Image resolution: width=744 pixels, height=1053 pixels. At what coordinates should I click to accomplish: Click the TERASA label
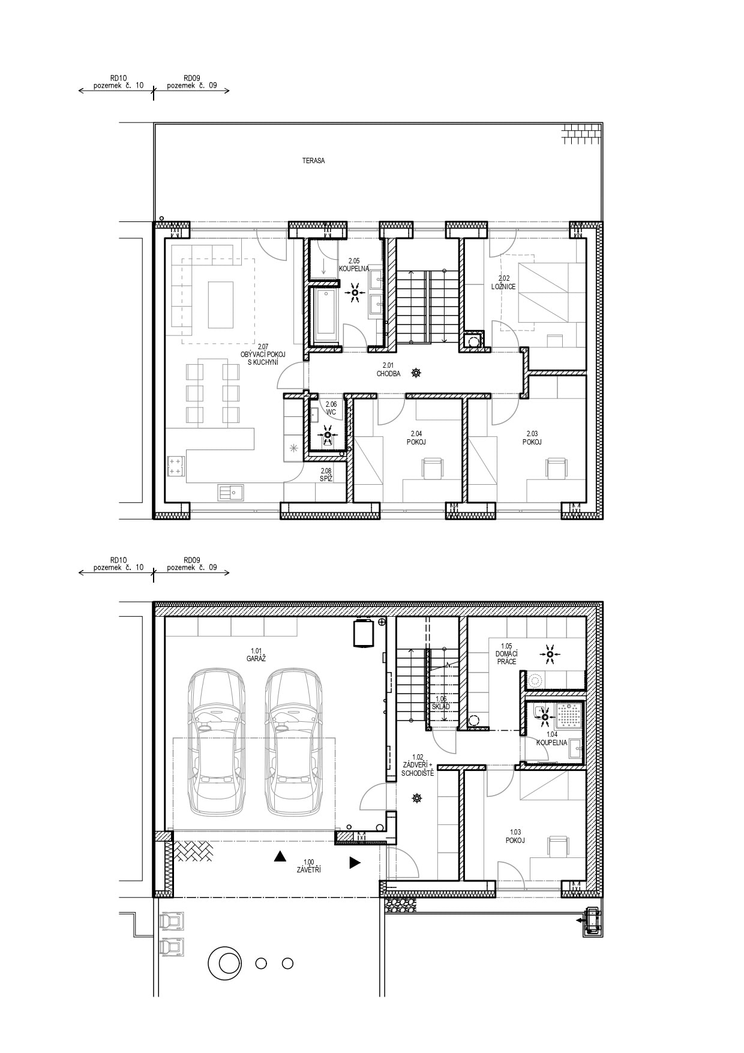(314, 161)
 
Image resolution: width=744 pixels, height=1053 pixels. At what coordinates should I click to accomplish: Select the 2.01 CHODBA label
(388, 370)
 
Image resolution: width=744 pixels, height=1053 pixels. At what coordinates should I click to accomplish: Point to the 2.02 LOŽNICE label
(504, 283)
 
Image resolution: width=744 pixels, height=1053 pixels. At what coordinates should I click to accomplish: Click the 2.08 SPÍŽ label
(326, 475)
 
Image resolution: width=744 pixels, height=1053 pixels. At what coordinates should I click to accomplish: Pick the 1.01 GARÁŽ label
(256, 655)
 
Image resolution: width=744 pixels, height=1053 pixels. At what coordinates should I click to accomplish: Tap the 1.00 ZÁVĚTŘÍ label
(308, 866)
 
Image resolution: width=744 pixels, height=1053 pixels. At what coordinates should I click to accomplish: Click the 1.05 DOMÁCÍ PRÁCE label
(506, 654)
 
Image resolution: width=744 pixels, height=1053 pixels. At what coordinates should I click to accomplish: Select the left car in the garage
(217, 742)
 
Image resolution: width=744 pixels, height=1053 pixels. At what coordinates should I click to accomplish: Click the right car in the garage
(293, 742)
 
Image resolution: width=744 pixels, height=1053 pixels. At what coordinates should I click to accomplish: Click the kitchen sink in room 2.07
(230, 492)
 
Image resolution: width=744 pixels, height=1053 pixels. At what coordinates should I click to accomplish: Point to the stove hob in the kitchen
(176, 466)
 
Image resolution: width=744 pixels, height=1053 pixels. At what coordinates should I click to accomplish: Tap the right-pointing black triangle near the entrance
(355, 863)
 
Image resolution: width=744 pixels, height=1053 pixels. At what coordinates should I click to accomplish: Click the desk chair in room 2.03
(556, 469)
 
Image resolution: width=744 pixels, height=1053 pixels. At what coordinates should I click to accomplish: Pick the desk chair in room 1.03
(559, 845)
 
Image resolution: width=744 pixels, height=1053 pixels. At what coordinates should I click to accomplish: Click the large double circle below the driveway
(225, 963)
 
